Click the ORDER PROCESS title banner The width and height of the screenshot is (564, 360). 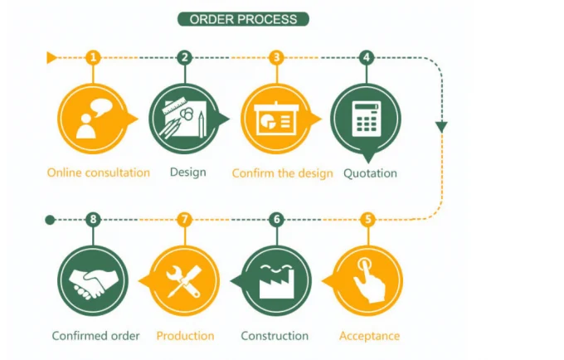pyautogui.click(x=244, y=19)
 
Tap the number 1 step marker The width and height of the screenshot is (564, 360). pyautogui.click(x=94, y=57)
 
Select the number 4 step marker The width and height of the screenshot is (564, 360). pyautogui.click(x=367, y=57)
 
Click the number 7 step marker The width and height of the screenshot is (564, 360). pyautogui.click(x=185, y=219)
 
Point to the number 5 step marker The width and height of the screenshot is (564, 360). pyautogui.click(x=368, y=219)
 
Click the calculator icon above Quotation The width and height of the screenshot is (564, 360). pyautogui.click(x=367, y=119)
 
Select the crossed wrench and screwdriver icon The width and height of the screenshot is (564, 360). pyautogui.click(x=184, y=281)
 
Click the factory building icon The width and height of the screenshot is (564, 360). pyautogui.click(x=276, y=281)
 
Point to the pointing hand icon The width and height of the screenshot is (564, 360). pyautogui.click(x=369, y=280)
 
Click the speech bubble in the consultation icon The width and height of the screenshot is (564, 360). pyautogui.click(x=101, y=107)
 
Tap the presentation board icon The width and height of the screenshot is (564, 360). pyautogui.click(x=276, y=119)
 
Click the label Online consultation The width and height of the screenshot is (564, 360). pyautogui.click(x=99, y=173)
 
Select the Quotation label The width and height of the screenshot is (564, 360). pyautogui.click(x=370, y=173)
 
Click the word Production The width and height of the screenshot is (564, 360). pyautogui.click(x=185, y=336)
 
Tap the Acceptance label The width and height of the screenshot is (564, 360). pyautogui.click(x=369, y=336)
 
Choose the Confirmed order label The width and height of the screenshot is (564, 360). pyautogui.click(x=95, y=336)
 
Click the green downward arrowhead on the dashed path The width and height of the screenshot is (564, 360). pyautogui.click(x=442, y=127)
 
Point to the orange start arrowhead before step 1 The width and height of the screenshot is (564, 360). pyautogui.click(x=51, y=57)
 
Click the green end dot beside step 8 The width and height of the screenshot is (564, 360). pyautogui.click(x=50, y=220)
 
